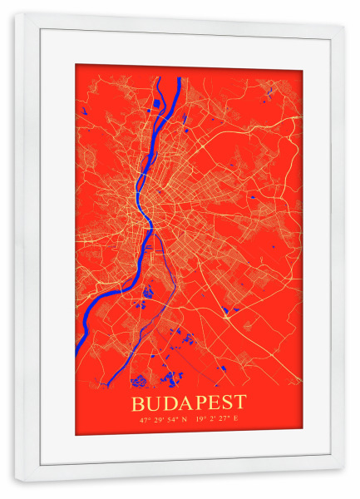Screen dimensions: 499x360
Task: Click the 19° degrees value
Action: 200,418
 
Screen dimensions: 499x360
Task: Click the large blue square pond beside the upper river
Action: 155,103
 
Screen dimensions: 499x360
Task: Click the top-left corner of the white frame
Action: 16,15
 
